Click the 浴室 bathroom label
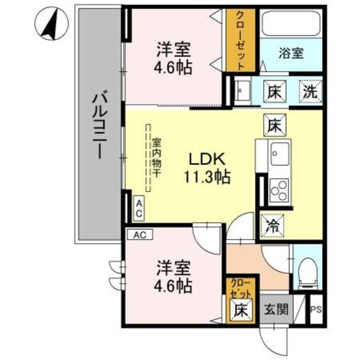coord(291,54)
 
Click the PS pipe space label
coord(316,309)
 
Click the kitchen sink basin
coord(278,152)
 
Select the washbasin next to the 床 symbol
coord(243,91)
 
